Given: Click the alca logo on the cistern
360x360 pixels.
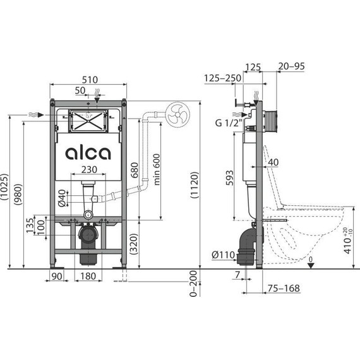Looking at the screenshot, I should click(88, 153).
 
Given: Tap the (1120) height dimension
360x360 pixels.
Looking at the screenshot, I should click(194, 186).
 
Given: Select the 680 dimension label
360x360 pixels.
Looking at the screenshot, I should click(134, 169).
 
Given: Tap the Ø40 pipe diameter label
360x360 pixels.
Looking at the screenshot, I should click(61, 198).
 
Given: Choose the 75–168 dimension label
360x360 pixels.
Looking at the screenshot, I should click(282, 287).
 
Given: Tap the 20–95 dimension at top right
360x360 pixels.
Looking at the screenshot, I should click(292, 64).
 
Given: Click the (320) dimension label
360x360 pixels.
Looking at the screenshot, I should click(134, 243).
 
